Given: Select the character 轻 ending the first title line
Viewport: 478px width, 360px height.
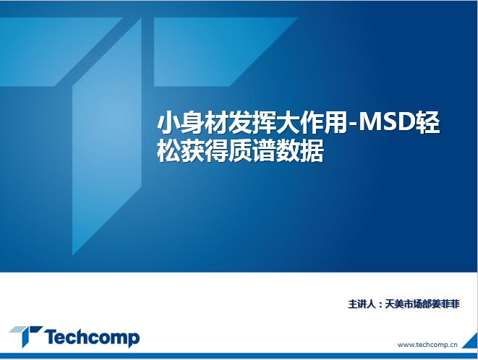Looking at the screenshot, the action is point(427,123).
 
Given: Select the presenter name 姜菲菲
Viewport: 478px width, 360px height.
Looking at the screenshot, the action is point(446,304).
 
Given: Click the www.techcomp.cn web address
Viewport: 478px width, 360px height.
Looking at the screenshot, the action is point(427,345).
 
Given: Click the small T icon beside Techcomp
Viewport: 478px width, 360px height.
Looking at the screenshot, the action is point(26,336).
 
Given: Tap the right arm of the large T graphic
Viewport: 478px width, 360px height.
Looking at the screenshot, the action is point(213,52).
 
